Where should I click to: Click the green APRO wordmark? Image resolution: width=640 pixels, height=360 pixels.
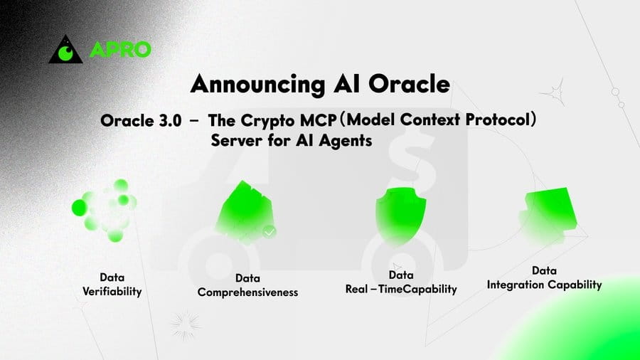[x=120, y=50]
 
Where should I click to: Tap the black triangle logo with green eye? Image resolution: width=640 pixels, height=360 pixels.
[x=65, y=49]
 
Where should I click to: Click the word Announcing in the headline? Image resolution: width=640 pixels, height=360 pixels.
[x=257, y=85]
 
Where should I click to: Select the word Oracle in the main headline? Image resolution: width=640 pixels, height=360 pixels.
[x=410, y=84]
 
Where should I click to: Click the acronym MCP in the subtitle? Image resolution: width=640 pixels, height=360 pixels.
[x=319, y=120]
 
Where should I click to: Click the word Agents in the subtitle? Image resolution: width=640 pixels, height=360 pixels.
[x=346, y=141]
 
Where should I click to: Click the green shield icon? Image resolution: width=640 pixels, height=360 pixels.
[x=401, y=216]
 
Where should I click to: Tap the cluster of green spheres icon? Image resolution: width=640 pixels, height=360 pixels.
[x=105, y=210]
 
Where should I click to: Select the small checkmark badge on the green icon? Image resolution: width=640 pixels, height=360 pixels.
[x=269, y=232]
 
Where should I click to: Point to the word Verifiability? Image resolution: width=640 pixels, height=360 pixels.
[x=112, y=292]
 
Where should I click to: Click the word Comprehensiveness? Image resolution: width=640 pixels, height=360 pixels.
[x=247, y=292]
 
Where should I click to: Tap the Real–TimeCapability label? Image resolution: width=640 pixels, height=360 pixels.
[x=401, y=289]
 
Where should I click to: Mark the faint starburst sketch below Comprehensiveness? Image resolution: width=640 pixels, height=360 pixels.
[x=186, y=326]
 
